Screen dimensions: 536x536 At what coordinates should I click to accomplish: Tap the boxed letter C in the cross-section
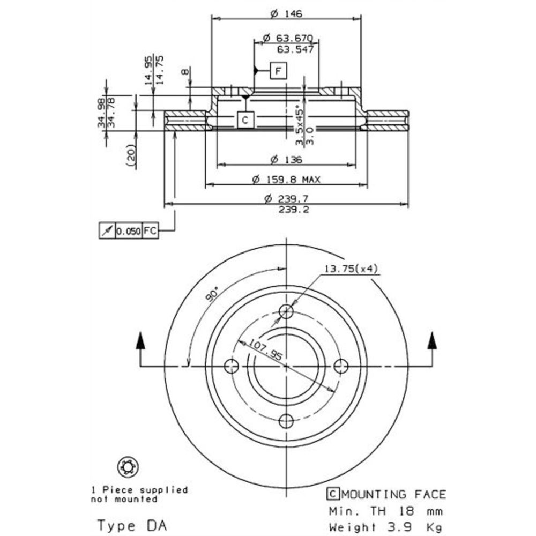coord(244,120)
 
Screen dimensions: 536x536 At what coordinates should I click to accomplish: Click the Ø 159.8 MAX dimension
coord(286,180)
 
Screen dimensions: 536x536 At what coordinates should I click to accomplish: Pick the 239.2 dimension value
coord(286,209)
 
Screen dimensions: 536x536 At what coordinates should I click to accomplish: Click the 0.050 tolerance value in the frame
coord(129,231)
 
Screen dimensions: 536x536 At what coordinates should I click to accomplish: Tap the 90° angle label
coord(213,293)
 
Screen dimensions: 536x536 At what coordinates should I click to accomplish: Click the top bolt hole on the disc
coord(287,311)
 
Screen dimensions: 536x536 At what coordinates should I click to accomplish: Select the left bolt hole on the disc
coord(232,367)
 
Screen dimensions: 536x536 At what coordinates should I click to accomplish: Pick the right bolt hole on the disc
coord(341,367)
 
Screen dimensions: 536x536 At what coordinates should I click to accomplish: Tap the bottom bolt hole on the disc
coord(287,421)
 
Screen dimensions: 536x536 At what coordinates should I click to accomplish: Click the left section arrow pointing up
coord(140,341)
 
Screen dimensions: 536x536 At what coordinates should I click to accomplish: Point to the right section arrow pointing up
coord(432,341)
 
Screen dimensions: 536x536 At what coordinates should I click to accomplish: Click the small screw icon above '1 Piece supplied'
coord(128,467)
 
